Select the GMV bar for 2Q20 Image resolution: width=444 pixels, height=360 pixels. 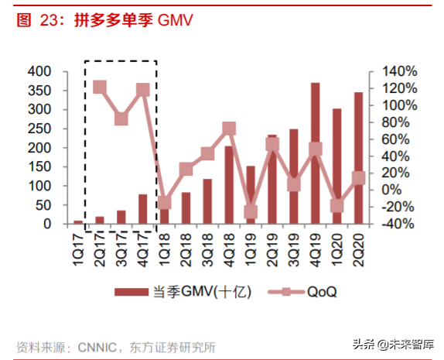coord(359,158)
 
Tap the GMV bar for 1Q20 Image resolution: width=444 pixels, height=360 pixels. coord(337,166)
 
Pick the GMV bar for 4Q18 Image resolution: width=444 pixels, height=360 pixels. coord(229,185)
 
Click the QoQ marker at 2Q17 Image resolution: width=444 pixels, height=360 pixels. coord(100,87)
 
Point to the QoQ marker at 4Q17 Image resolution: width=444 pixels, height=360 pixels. coord(143,91)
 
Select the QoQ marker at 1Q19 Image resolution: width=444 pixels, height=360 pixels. coord(251,211)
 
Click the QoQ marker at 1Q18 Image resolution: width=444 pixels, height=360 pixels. coord(164,203)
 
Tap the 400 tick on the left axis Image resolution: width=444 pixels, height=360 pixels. coord(39,71)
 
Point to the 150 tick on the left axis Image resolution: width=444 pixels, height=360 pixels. coord(39,167)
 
